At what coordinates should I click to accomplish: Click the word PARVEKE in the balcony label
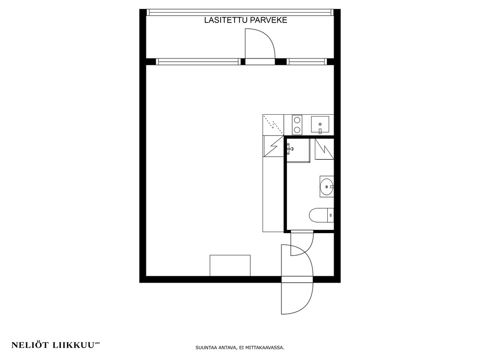(269, 20)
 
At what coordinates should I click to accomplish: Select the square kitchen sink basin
(320, 124)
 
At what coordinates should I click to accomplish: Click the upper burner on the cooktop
(297, 120)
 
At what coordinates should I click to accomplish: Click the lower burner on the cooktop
(297, 130)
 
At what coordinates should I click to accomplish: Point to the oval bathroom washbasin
(326, 186)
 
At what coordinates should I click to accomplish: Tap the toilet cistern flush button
(331, 215)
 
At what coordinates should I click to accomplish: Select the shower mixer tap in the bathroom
(290, 149)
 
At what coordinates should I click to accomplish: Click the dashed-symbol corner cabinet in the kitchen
(273, 125)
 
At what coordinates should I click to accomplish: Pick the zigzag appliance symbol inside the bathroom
(324, 149)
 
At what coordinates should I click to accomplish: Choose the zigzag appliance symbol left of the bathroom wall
(273, 146)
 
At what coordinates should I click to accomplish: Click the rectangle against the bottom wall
(230, 265)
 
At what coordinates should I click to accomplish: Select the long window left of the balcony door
(198, 62)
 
